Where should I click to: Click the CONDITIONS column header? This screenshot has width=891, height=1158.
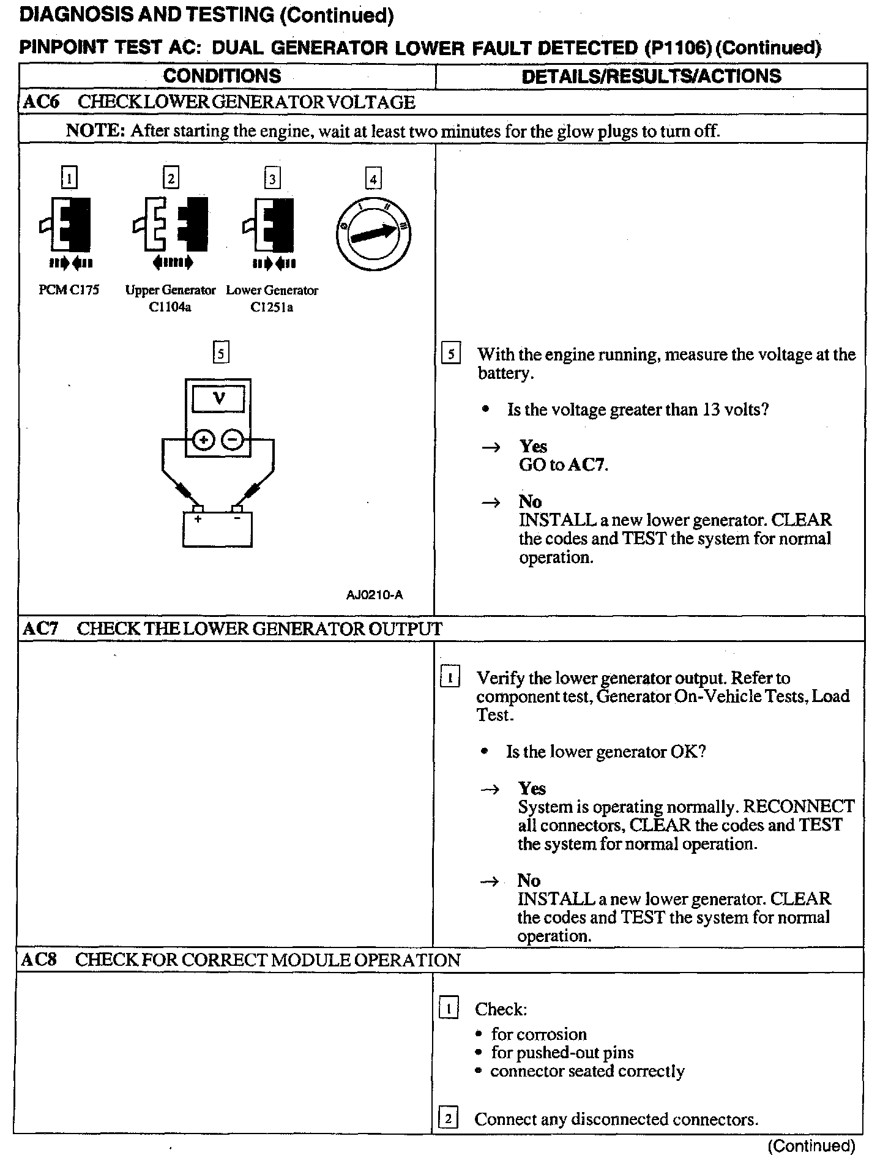[x=222, y=76]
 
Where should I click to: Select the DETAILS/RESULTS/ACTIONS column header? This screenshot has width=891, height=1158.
[x=651, y=76]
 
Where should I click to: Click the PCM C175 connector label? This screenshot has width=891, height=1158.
[x=69, y=290]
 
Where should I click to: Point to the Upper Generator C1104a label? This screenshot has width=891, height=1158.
[x=170, y=298]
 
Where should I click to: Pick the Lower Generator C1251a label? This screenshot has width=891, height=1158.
[x=272, y=298]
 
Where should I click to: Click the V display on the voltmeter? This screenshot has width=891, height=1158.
[x=218, y=399]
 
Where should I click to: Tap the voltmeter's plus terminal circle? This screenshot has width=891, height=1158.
[x=204, y=439]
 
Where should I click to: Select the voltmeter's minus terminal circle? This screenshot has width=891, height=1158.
[x=233, y=439]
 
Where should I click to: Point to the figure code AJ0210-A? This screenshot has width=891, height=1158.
[x=375, y=594]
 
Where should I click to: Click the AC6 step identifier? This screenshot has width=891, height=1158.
[x=40, y=102]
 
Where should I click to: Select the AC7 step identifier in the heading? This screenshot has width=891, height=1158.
[x=40, y=629]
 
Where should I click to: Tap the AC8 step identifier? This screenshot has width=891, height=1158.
[x=39, y=959]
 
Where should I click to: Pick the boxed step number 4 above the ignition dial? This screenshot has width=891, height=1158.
[x=373, y=179]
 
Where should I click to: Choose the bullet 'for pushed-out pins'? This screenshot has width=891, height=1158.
[x=562, y=1052]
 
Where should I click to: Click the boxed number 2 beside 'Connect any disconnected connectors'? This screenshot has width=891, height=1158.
[x=449, y=1119]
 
